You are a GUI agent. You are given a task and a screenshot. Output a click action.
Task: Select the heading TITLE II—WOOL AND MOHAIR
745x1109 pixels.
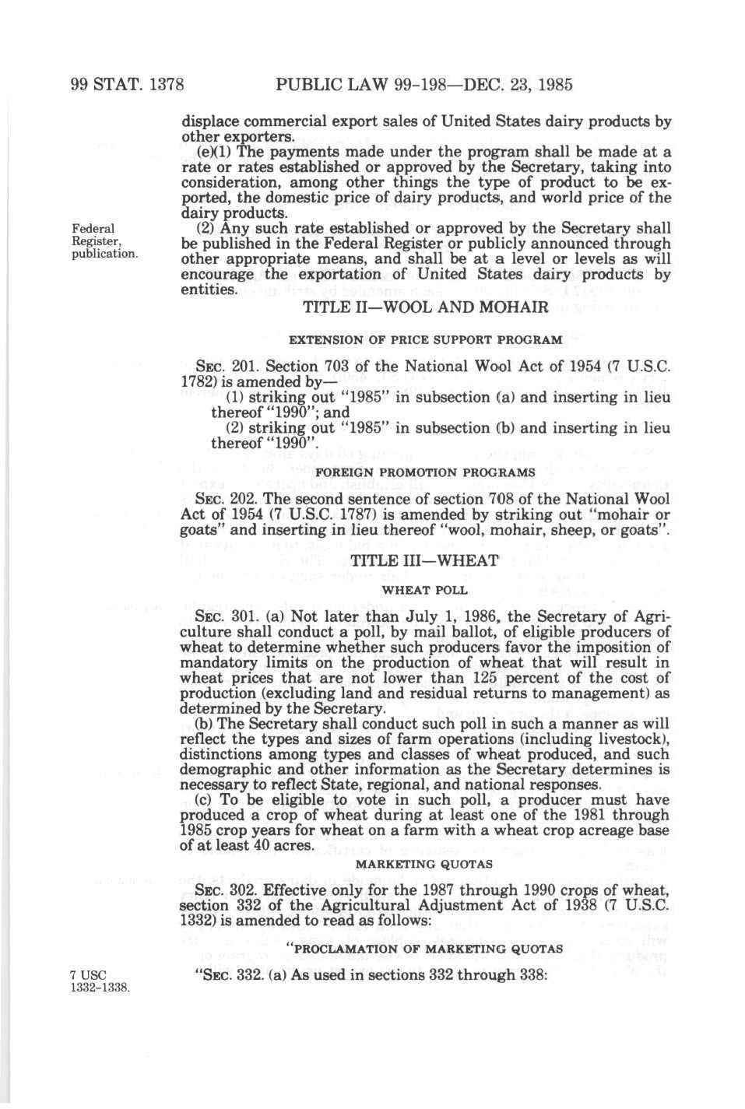pos(425,307)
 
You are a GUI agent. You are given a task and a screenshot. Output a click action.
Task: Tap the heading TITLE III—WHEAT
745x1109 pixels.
pos(424,560)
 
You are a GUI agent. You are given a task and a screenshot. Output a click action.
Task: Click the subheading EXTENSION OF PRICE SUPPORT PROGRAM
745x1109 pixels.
pos(425,340)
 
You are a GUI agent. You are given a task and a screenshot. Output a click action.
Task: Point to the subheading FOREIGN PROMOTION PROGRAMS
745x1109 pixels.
pos(425,472)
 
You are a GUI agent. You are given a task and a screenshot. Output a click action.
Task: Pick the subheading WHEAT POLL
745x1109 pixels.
pos(425,590)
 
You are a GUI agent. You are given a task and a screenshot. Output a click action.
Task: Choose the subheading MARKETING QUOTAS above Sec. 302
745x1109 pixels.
pos(424,864)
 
